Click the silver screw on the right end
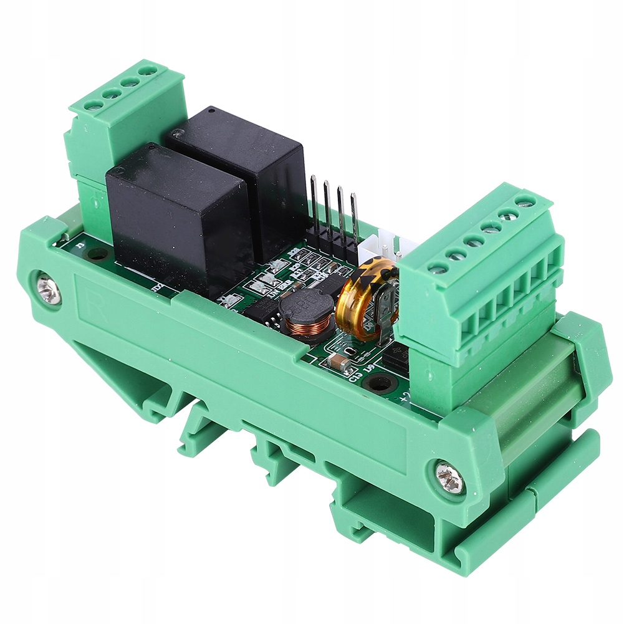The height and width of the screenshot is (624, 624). pyautogui.click(x=449, y=479)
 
